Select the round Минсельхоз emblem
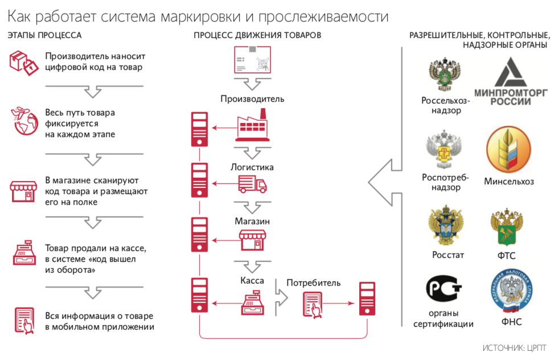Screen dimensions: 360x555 508,150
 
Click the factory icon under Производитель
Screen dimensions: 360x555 251,126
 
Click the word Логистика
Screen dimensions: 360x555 252,167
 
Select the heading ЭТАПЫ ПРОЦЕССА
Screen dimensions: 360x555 44,35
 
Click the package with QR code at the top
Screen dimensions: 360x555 253,60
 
